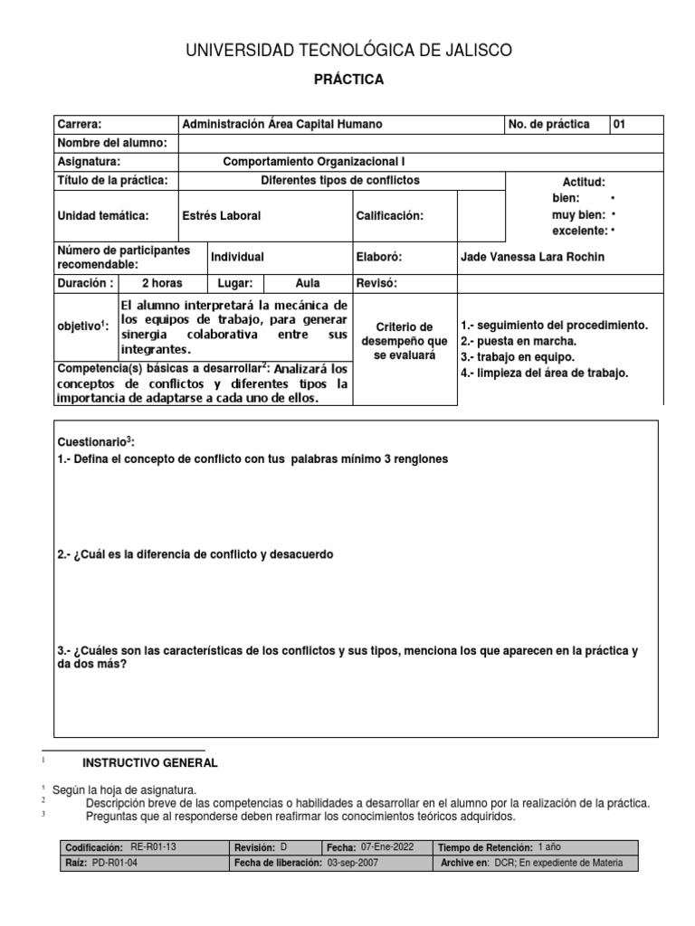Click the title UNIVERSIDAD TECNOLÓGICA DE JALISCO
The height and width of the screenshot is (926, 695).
coord(348,51)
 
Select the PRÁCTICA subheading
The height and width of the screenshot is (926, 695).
coord(348,80)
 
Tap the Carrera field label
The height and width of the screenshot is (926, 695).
coord(80,125)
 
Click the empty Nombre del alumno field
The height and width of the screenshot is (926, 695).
coord(421,143)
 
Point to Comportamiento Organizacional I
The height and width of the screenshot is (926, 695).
coord(314,162)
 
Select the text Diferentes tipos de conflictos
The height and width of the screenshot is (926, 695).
coord(339,181)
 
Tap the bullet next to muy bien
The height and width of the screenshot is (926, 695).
coord(614,215)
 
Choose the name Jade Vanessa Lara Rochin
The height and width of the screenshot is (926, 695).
coord(532,257)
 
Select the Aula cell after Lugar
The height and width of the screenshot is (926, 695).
coord(308,283)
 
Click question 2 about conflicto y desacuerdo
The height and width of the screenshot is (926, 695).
coord(195,554)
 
